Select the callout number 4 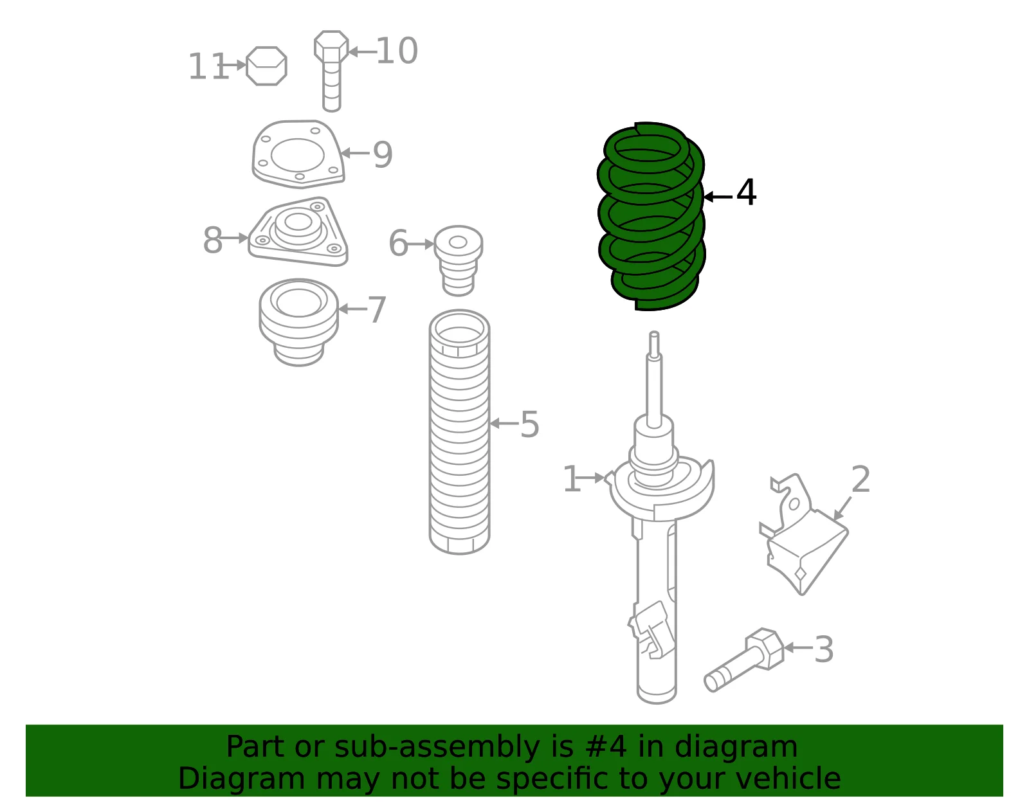[x=746, y=193]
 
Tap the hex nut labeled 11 [x=267, y=66]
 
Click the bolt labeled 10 [x=331, y=71]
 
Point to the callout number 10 [x=397, y=51]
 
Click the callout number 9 [x=383, y=155]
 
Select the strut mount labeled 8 [x=298, y=231]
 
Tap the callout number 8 [x=213, y=240]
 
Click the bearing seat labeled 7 [x=299, y=322]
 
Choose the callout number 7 [x=377, y=310]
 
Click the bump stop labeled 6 [x=459, y=260]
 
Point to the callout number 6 [x=398, y=242]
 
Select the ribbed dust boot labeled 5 [x=459, y=431]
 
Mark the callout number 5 [x=529, y=424]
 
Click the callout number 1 [x=572, y=479]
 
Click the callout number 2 [x=861, y=479]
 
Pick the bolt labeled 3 [x=744, y=660]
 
